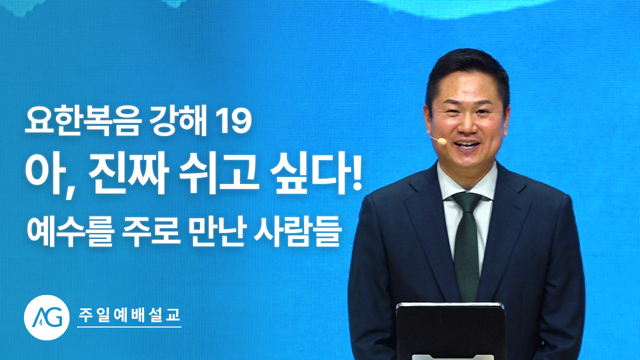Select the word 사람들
(297, 231)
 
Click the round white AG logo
(47, 317)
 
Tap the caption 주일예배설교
(129, 315)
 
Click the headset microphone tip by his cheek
(441, 141)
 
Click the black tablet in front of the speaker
(450, 331)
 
